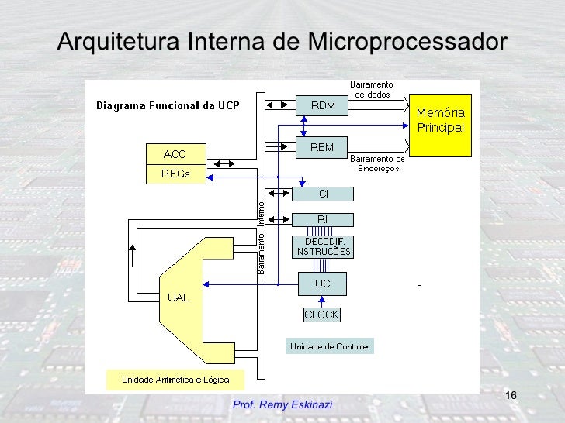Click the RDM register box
click(323, 105)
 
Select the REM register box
click(323, 145)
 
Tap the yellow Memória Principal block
click(441, 121)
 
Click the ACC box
click(173, 153)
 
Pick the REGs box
click(175, 174)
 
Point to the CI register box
click(323, 194)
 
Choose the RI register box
click(323, 219)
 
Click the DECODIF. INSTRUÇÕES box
click(323, 246)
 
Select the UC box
click(323, 284)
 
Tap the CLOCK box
click(321, 315)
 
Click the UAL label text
click(178, 298)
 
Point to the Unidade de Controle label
click(329, 346)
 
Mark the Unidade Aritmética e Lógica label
click(175, 380)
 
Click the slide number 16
click(511, 397)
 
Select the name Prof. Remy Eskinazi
click(282, 404)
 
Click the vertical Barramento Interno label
click(261, 237)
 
